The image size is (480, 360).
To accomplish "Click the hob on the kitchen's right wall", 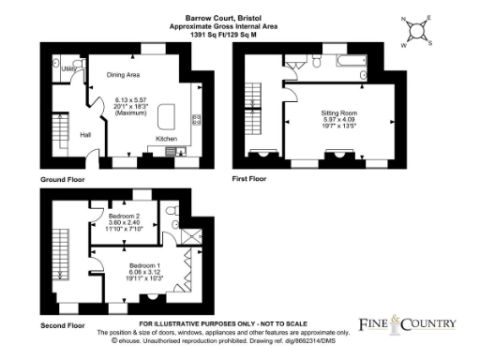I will coord(196,120).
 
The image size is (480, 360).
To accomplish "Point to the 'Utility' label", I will coord(68,68).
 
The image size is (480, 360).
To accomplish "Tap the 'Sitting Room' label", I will coord(339,112).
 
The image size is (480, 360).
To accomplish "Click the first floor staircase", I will coord(254,98).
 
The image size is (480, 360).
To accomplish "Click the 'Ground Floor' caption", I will coord(65,176).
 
